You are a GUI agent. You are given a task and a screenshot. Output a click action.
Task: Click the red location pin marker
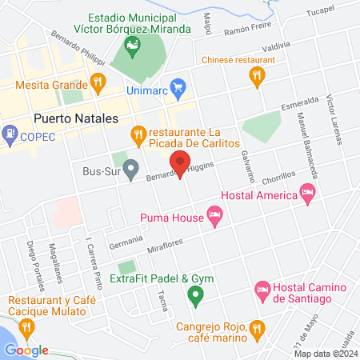tap(180, 166)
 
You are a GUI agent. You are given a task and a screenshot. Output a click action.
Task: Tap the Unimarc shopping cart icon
tap(178, 86)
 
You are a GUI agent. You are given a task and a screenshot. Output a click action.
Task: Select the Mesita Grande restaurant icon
tap(98, 81)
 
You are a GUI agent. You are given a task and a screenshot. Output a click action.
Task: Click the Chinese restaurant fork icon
tap(256, 76)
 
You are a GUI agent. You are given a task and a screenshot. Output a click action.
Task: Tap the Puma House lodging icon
tap(214, 214)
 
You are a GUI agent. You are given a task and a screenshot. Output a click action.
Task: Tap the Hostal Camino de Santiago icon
tap(261, 289)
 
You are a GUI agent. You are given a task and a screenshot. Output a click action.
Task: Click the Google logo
tap(26, 350)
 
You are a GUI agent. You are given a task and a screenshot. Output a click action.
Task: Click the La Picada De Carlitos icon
tap(138, 134)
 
